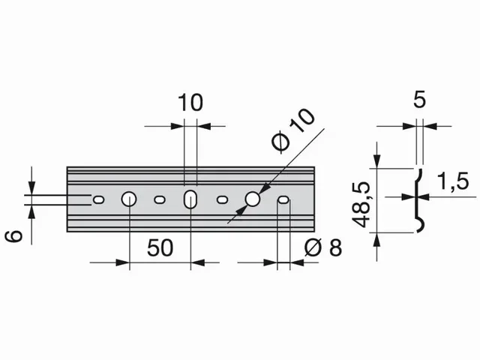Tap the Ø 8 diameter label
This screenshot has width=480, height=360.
[x=324, y=247]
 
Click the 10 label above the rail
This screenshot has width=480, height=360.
[x=190, y=103]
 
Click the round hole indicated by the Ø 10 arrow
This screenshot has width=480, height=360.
[x=253, y=199]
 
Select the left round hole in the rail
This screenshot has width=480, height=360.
[x=128, y=199]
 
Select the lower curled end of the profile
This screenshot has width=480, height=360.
[x=422, y=226]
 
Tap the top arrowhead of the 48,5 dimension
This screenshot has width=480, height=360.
[x=378, y=163]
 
